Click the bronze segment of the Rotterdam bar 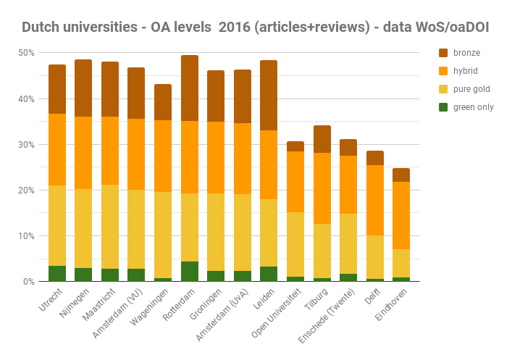[190, 88]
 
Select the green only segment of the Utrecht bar [57, 273]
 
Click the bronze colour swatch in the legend [444, 53]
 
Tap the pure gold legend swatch [444, 89]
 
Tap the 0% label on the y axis [28, 282]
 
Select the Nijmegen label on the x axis [77, 305]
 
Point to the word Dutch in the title [41, 28]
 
